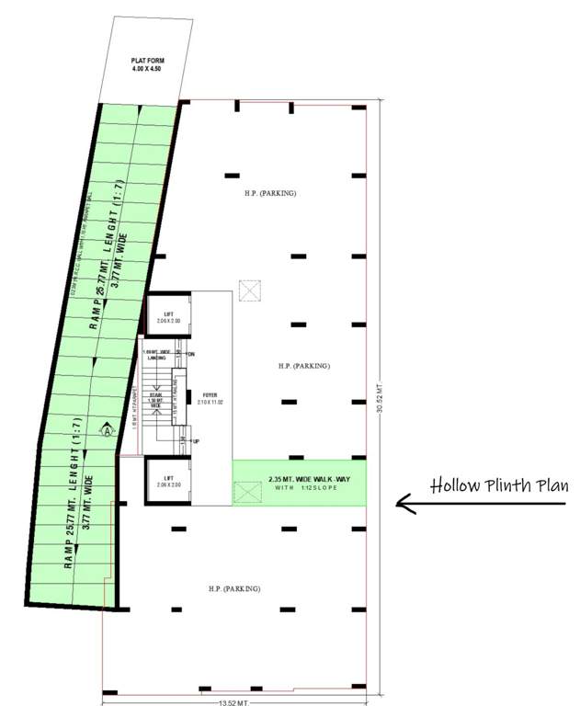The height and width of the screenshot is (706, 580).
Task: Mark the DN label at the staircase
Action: coord(191,353)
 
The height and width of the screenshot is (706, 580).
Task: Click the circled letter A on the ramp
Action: coord(107,428)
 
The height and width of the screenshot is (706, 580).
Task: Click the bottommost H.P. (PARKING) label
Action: coord(234,588)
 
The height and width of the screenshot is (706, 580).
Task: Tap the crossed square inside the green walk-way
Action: coord(246,493)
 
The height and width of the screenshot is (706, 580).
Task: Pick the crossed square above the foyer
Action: coord(249,290)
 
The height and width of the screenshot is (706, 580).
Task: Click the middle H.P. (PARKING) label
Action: coord(303,366)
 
